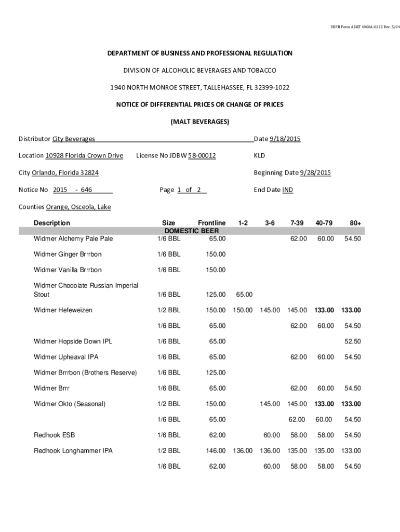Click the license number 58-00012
point(202,156)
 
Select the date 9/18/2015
point(285,139)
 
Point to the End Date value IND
point(288,190)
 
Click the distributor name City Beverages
point(73,139)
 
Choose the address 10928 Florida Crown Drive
point(84,156)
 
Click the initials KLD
point(259,156)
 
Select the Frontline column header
point(211,223)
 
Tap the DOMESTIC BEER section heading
point(192,231)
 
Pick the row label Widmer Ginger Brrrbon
point(68,255)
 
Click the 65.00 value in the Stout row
point(244,295)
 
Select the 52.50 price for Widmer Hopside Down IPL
point(353,342)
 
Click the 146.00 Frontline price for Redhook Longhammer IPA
point(216,451)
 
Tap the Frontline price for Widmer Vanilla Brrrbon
point(216,270)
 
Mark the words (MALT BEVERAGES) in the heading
point(200,122)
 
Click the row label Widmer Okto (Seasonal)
point(70,404)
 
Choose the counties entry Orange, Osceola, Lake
point(78,207)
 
